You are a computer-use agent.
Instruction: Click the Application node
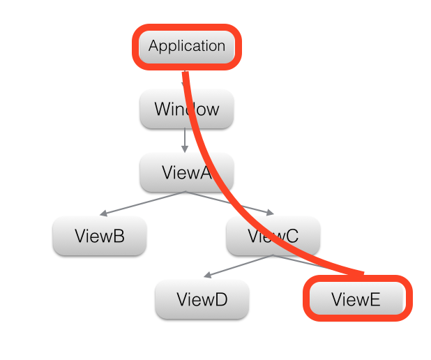(x=187, y=47)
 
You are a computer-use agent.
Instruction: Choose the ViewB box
(x=100, y=236)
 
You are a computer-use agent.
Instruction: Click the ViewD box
(x=202, y=300)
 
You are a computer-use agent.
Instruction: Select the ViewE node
(x=356, y=300)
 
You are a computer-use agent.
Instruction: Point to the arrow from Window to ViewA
(x=185, y=140)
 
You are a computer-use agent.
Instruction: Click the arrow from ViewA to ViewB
(x=143, y=203)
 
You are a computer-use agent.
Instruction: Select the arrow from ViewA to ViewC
(x=230, y=203)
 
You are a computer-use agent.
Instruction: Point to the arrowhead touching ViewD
(x=207, y=276)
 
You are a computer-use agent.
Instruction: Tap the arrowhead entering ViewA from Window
(x=185, y=150)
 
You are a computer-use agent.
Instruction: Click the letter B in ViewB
(x=119, y=236)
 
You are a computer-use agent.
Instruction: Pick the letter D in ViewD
(x=222, y=300)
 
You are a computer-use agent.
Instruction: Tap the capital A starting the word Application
(x=153, y=47)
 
